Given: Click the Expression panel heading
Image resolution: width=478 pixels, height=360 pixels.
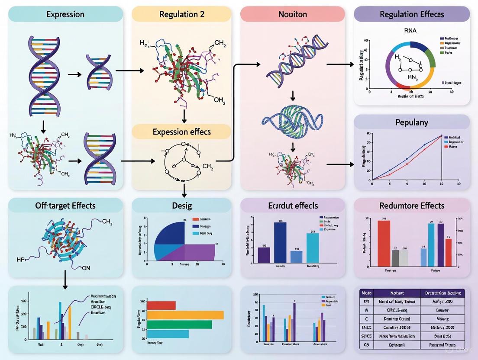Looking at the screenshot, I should click(x=65, y=14).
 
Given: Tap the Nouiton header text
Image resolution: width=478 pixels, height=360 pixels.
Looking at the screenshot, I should click(x=293, y=14).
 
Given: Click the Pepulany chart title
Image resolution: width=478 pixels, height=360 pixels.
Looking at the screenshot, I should click(x=412, y=122).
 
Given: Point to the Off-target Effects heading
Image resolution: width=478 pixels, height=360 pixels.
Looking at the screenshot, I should click(x=65, y=206).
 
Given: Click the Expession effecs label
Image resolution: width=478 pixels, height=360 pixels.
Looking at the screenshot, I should click(x=181, y=132).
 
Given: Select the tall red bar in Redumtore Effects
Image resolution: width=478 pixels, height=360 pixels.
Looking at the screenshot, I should click(x=384, y=243).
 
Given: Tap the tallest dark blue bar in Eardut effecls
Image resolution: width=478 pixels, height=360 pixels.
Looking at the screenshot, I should click(x=280, y=242).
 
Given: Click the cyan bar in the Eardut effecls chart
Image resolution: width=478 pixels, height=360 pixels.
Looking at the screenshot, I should click(x=313, y=247).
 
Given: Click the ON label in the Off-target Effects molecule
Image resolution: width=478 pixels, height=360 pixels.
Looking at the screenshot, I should click(x=86, y=268).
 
